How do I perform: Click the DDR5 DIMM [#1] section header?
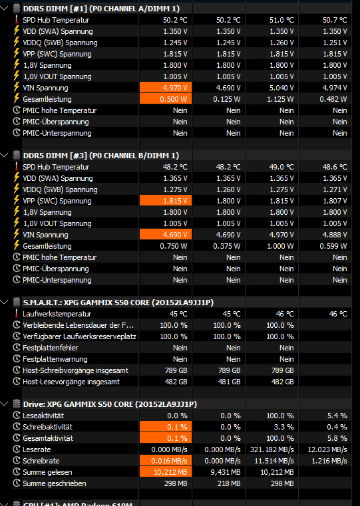pos(101,9)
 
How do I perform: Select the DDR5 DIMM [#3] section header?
pos(100,156)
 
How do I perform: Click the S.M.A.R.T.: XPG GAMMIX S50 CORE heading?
pos(118,303)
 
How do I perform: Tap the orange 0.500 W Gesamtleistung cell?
pos(166,99)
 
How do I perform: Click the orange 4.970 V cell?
pos(166,88)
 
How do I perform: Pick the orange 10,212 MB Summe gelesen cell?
pos(166,472)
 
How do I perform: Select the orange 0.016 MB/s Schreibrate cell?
pos(166,461)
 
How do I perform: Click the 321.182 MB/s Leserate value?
pos(272,449)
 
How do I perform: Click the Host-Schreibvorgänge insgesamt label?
pos(75,370)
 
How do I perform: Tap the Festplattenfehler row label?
pos(50,348)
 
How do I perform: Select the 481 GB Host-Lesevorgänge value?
pos(229,382)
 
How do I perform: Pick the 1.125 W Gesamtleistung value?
pos(280,99)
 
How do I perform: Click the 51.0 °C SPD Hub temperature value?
pos(281,20)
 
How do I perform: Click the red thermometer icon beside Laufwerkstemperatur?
pos(17,313)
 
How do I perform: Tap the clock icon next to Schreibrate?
pos(17,461)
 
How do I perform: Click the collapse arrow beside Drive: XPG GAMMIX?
pos(5,404)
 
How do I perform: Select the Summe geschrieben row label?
pos(55,483)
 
